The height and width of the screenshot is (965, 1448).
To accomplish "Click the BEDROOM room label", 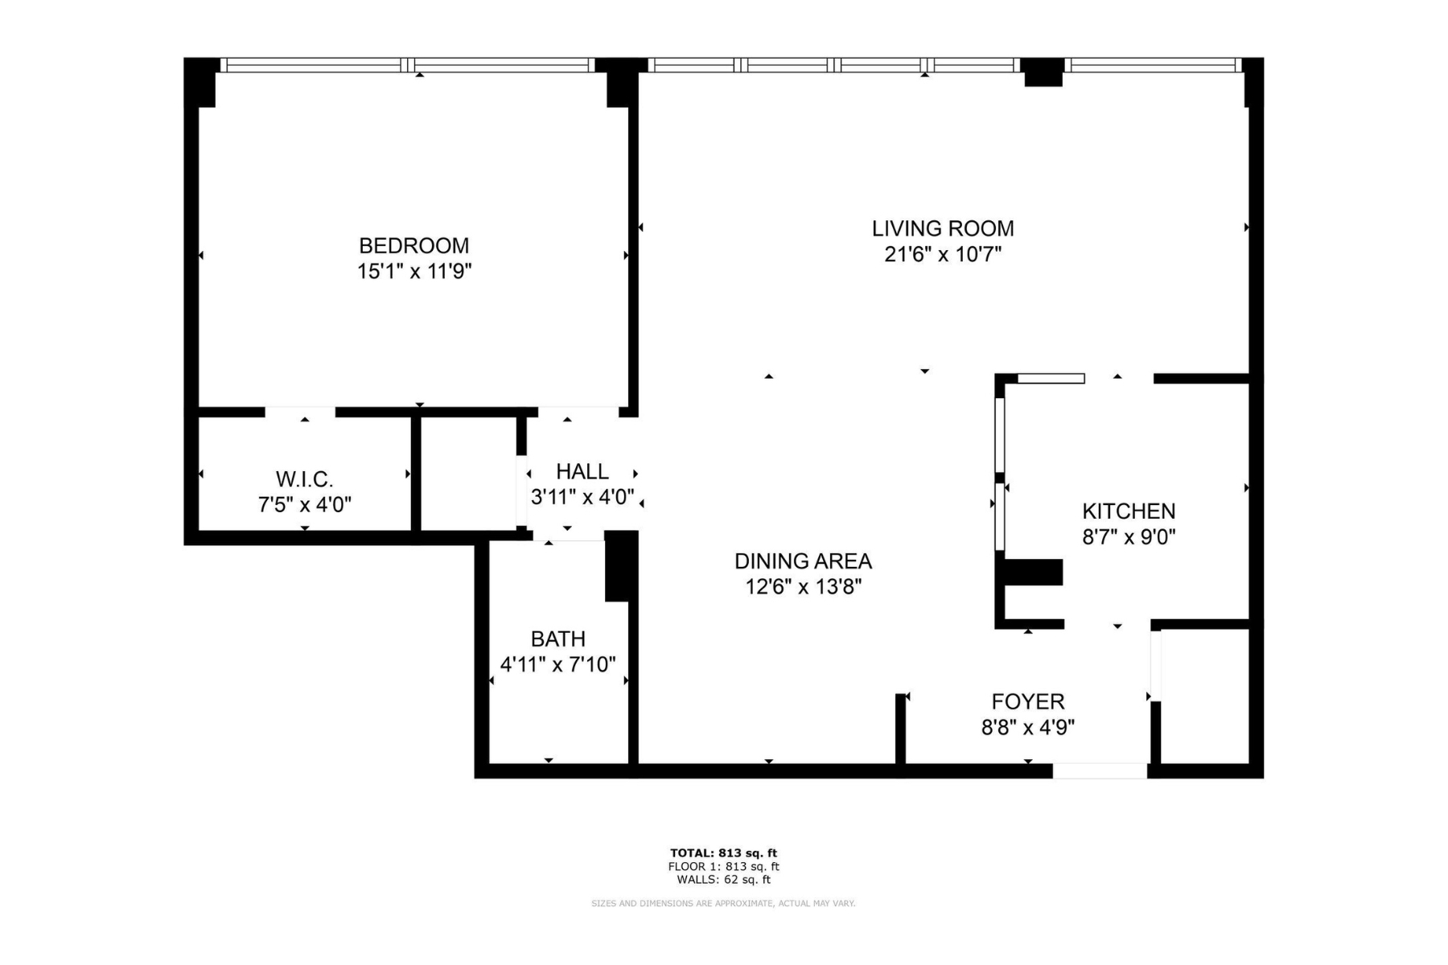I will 413,245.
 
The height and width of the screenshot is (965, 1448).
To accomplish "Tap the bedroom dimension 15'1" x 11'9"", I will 413,271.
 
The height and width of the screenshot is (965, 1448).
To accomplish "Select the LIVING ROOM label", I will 943,228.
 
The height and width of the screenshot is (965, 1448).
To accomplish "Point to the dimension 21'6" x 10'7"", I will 943,254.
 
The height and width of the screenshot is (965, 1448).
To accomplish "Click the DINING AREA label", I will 803,561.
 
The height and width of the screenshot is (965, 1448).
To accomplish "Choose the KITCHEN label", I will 1129,511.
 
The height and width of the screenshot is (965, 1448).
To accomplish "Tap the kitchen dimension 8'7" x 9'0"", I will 1129,536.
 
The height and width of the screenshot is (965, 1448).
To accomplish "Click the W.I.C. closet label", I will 304,479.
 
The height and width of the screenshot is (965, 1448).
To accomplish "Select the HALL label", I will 582,471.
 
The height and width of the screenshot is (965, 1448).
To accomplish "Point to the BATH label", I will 557,639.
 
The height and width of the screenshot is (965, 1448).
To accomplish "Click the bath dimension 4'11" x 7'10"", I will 557,664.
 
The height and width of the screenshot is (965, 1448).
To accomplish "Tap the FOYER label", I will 1027,701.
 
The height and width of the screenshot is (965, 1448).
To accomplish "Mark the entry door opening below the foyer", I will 1100,770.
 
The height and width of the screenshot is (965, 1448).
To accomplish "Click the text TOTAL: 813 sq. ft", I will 723,853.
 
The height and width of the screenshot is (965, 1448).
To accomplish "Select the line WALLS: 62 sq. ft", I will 723,880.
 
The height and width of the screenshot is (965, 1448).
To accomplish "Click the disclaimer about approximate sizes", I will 723,904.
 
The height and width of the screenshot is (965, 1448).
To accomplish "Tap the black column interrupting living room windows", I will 1043,72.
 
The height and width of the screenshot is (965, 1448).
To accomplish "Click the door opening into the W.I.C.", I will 300,412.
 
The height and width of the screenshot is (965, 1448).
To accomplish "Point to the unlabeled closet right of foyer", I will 1204,696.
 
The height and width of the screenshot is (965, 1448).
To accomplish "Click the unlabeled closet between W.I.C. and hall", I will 468,473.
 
